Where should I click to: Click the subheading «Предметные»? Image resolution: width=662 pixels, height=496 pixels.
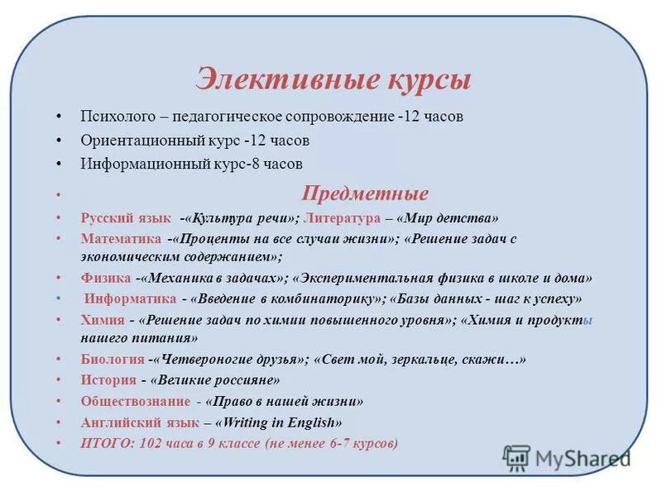click(x=365, y=194)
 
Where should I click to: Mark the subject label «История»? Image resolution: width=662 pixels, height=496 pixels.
click(x=108, y=380)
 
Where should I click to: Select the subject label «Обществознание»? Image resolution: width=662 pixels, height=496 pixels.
click(x=134, y=401)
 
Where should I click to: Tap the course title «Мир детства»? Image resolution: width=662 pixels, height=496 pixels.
click(x=451, y=219)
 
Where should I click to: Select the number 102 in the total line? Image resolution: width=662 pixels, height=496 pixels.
click(x=151, y=443)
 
